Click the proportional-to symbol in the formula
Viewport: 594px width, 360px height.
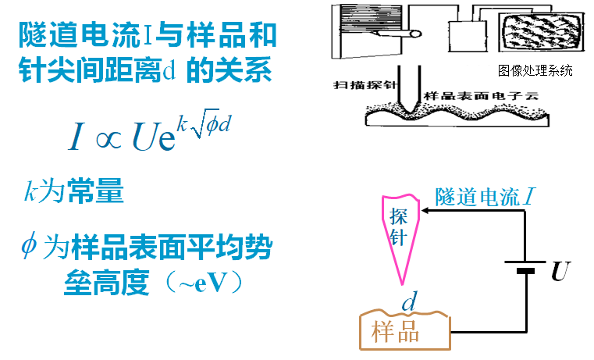click(104, 137)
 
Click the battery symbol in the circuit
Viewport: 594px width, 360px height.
click(527, 266)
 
